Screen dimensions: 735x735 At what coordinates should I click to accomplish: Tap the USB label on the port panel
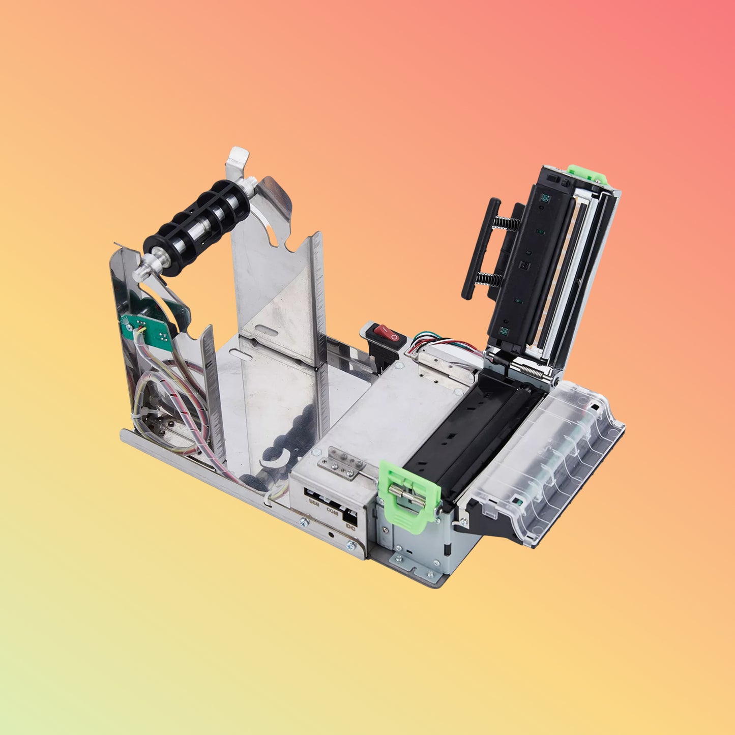(x=314, y=503)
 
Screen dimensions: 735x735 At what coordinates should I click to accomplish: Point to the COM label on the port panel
(x=332, y=511)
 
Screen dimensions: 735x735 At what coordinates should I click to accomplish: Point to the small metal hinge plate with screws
(x=343, y=463)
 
